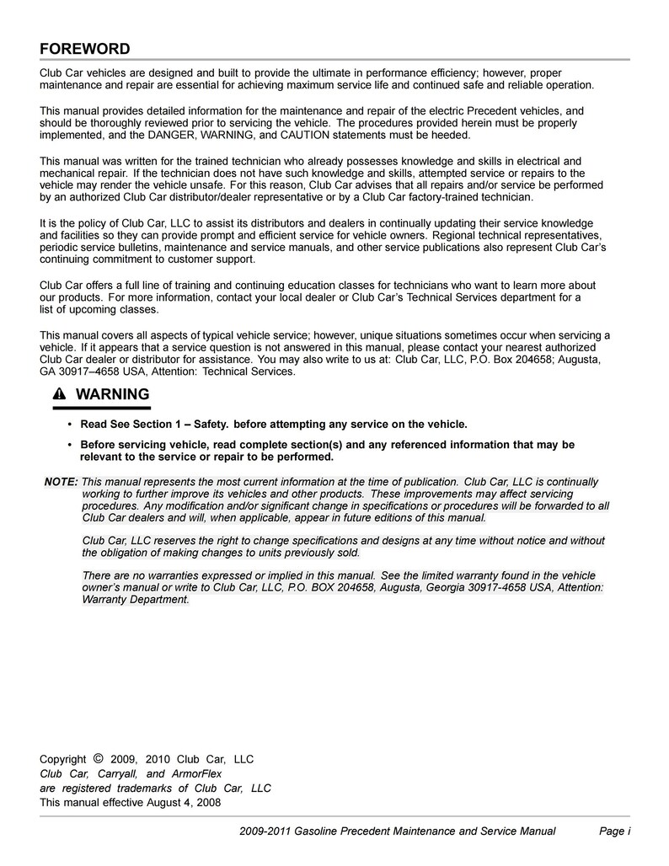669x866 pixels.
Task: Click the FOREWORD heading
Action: [85, 48]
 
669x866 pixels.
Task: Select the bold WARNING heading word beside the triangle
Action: [112, 394]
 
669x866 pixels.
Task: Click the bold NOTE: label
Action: [61, 482]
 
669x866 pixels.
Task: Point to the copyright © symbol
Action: [99, 758]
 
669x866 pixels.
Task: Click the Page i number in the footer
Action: [614, 831]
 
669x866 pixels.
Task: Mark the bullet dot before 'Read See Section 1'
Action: [68, 425]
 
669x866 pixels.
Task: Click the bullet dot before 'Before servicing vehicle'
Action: [68, 445]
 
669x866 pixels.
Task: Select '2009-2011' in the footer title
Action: [264, 831]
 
